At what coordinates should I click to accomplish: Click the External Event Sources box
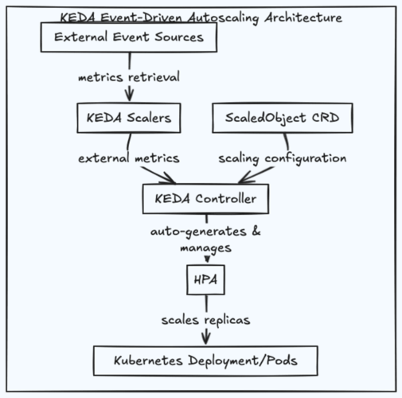click(128, 37)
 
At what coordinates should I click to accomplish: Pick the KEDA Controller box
click(205, 198)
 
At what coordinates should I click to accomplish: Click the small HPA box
click(205, 279)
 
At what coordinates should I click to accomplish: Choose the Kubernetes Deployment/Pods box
click(205, 360)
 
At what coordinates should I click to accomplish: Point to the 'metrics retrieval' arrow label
click(128, 78)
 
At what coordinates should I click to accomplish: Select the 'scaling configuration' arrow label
click(283, 158)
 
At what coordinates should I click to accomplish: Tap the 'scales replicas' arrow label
click(205, 320)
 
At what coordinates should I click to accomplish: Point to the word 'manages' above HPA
click(205, 248)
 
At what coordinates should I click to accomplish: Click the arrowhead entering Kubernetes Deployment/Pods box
click(205, 340)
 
